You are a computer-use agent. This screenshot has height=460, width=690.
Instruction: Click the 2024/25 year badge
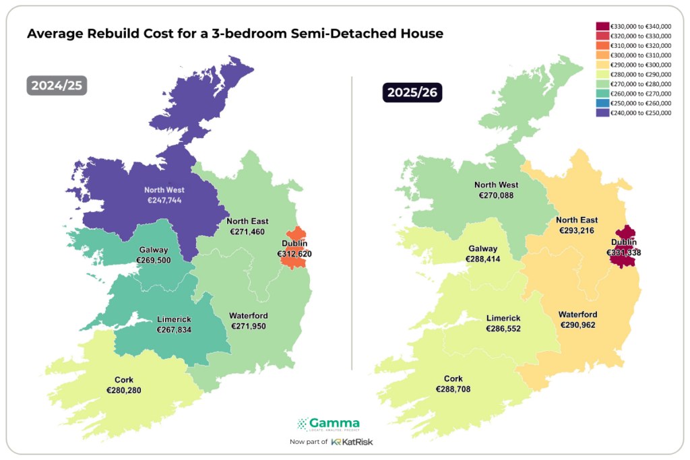[x=57, y=86]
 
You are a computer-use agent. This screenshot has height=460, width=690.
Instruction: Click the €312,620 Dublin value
[x=294, y=254]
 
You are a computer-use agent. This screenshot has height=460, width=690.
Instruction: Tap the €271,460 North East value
[x=247, y=231]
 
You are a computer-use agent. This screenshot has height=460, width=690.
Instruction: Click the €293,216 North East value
[x=577, y=230]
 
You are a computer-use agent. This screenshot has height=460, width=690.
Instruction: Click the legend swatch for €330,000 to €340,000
[x=602, y=26]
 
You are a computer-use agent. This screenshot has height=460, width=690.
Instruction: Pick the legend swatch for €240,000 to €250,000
[x=602, y=113]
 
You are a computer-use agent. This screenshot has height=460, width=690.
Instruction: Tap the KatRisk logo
[x=353, y=442]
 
